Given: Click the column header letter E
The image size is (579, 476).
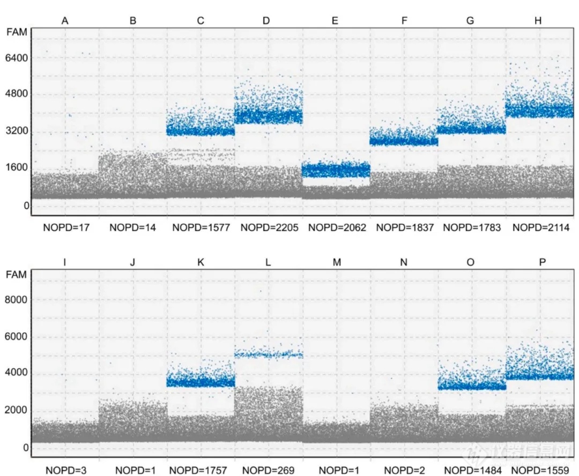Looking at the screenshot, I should (335, 21).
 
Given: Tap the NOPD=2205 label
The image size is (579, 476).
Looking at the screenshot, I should (269, 228).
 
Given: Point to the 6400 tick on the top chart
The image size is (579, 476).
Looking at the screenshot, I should (17, 57).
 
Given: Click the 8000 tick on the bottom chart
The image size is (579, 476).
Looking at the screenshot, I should (17, 300).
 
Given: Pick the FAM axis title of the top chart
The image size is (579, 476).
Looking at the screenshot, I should (17, 32).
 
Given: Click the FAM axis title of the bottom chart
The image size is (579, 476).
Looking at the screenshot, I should (17, 275).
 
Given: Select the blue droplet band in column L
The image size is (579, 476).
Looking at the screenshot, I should (269, 354).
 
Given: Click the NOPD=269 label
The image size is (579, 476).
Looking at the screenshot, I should (269, 471).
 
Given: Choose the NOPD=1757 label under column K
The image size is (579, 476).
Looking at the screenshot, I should (201, 471).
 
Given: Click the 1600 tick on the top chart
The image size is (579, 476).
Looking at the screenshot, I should (17, 167).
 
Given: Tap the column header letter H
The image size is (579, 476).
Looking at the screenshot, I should (538, 21).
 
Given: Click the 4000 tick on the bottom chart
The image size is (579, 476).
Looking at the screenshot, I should (17, 374).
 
